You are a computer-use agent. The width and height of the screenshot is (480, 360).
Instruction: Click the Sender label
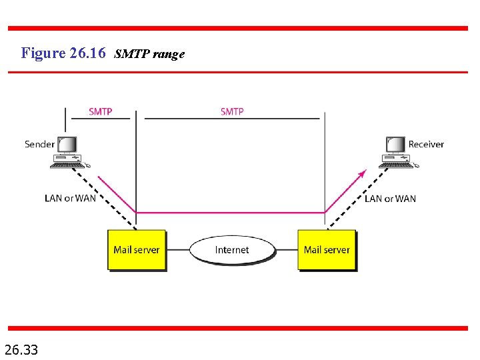click(39, 144)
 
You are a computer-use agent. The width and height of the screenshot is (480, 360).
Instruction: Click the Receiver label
click(426, 144)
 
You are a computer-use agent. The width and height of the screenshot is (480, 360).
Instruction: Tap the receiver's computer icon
click(396, 152)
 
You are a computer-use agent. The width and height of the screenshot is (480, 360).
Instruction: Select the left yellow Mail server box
click(137, 250)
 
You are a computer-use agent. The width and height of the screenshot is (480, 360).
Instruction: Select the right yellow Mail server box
click(327, 250)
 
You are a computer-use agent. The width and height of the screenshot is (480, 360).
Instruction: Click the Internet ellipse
click(232, 250)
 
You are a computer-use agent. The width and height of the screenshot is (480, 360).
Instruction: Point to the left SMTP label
click(100, 111)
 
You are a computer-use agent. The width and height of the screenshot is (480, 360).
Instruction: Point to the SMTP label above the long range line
click(232, 111)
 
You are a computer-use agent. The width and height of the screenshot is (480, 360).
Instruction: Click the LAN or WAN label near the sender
click(70, 198)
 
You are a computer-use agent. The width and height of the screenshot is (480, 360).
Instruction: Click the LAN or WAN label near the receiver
click(390, 198)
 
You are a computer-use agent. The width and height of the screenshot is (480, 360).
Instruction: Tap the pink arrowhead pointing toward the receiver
click(363, 173)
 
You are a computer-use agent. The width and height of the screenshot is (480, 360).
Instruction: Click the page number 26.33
click(21, 349)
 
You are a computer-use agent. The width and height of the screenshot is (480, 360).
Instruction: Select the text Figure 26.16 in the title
click(63, 53)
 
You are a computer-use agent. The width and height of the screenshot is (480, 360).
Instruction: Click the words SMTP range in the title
click(149, 54)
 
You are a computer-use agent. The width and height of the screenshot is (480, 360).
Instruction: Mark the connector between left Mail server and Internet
click(177, 250)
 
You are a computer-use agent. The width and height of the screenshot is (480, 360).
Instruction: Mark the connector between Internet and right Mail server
click(286, 250)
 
